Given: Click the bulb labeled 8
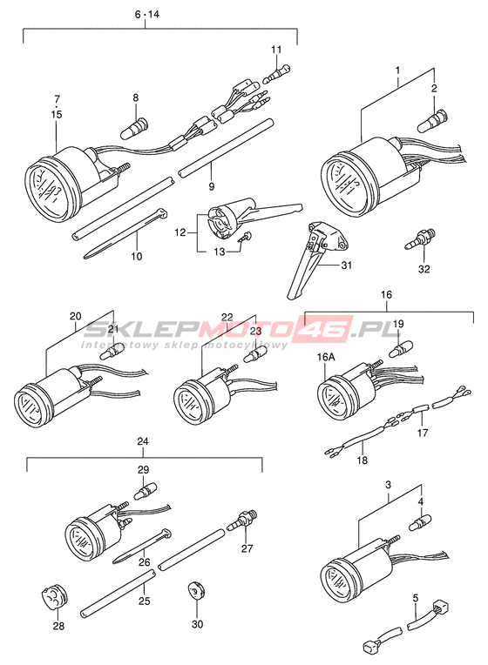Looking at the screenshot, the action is [134, 128].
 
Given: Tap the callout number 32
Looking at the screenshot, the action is [424, 269].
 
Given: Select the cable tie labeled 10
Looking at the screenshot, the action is [125, 232].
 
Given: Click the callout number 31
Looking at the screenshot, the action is [347, 265].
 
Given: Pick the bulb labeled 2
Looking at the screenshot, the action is [432, 121].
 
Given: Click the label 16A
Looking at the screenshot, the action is [326, 357].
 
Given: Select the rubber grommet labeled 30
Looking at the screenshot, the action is [197, 589].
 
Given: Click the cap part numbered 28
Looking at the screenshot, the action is [56, 598].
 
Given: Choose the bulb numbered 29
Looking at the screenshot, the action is [146, 490].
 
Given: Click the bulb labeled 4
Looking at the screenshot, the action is [420, 522].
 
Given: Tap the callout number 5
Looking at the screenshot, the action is [416, 598].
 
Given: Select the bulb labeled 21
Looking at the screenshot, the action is [112, 351].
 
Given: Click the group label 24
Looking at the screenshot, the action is [143, 441].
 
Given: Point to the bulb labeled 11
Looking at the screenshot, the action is [276, 74].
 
